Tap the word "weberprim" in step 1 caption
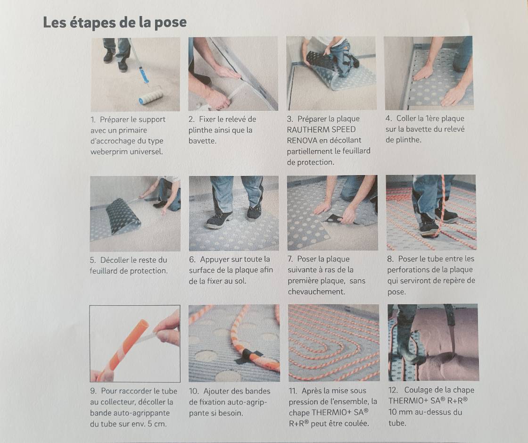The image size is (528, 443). click(x=108, y=151)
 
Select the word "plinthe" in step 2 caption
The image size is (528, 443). click(x=202, y=130)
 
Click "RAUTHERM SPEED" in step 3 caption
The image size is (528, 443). click(x=321, y=129)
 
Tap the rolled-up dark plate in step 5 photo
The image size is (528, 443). click(x=123, y=216)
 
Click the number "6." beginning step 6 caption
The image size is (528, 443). click(x=192, y=259)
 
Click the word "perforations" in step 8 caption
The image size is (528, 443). click(x=409, y=269)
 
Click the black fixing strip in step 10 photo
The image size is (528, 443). click(x=248, y=356)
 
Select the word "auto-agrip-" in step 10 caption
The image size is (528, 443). click(x=247, y=402)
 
